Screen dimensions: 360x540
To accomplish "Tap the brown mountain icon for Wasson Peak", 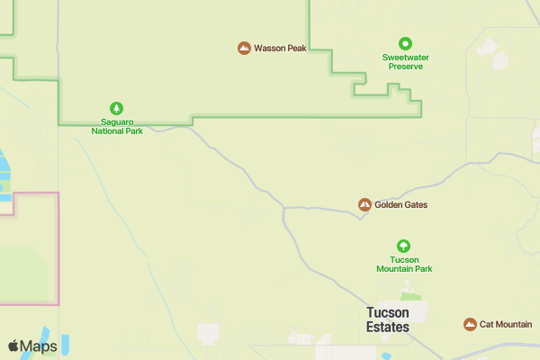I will coord(244,48).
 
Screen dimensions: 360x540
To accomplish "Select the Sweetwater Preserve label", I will coord(404,60).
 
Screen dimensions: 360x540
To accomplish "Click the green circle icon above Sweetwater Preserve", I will coord(405,41).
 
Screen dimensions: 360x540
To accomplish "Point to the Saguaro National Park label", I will coord(116,125).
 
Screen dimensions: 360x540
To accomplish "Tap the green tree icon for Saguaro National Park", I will coord(116,107).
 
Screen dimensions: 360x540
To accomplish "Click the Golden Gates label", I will coord(400,205).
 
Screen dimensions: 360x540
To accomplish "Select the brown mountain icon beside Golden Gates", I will coord(364,205).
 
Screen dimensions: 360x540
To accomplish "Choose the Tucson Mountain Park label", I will coord(404,264).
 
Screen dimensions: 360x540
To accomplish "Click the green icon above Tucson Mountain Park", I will coord(404,246).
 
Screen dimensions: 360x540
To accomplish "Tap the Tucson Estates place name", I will coord(388,319).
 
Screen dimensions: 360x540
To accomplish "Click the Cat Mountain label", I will coord(505,324).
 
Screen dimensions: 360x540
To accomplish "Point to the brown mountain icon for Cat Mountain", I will coord(469,324).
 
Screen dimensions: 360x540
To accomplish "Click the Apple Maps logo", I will coord(33,346).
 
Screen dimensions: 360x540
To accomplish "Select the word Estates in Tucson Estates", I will coord(388,327).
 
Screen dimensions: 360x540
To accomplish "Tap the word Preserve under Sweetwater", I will coord(404,66).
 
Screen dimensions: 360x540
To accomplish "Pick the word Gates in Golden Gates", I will coord(415,205).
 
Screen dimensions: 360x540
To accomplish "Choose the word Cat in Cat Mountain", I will coord(486,324).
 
